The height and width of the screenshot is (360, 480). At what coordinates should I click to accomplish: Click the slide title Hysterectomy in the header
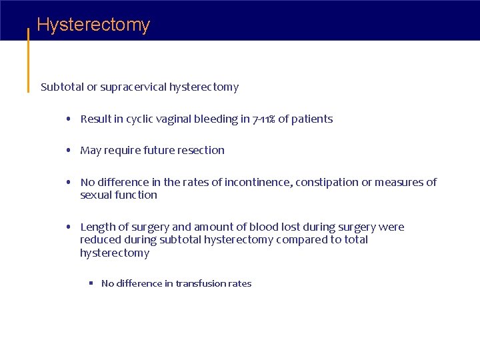pos(93,25)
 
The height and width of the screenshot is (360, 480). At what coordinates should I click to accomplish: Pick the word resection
pos(202,150)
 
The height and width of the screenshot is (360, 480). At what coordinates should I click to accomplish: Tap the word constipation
pos(327,182)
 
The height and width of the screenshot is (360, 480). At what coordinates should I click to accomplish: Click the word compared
pos(303,239)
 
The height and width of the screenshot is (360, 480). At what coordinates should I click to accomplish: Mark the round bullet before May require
pos(69,151)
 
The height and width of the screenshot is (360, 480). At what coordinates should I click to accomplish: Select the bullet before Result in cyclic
pos(69,119)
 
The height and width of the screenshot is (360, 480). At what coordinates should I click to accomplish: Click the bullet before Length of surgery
pos(69,227)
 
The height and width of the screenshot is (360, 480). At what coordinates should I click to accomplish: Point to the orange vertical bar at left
pos(28,60)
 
